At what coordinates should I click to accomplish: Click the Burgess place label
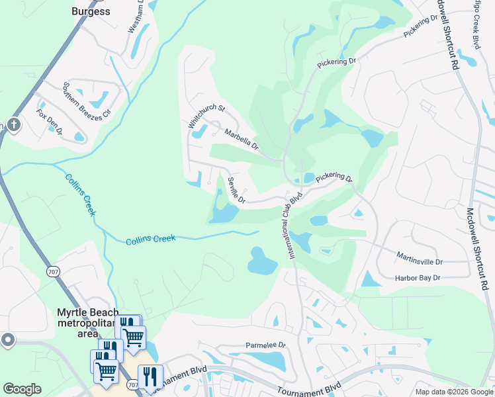[x=92, y=11]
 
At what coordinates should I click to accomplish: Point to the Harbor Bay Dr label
[x=418, y=279]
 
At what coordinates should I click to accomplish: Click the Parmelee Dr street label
[x=265, y=345]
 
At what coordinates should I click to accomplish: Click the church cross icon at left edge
[x=12, y=125]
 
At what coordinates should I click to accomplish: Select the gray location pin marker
[x=8, y=340]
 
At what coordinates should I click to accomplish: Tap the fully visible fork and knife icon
[x=150, y=376]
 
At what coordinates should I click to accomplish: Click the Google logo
[x=22, y=389]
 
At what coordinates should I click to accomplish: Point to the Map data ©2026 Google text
[x=453, y=392]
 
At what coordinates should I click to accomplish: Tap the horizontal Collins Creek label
[x=151, y=239]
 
